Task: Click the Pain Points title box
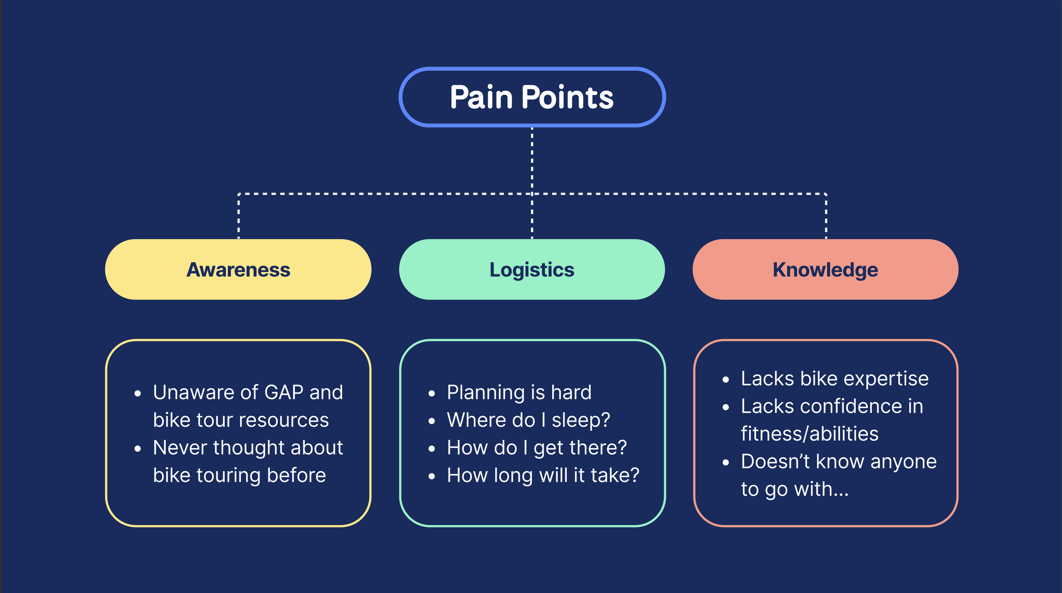click(532, 97)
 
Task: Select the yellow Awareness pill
click(238, 270)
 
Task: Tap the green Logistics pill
click(532, 270)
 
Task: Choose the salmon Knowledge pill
click(825, 270)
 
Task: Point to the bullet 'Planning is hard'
click(519, 392)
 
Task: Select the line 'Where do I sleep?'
click(528, 420)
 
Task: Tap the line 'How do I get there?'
click(537, 448)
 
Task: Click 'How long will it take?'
click(543, 475)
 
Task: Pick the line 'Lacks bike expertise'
click(835, 379)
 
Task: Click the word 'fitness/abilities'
click(810, 434)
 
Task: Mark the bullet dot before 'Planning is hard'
click(432, 394)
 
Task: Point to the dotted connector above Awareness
click(239, 216)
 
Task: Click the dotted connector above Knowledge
click(826, 216)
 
